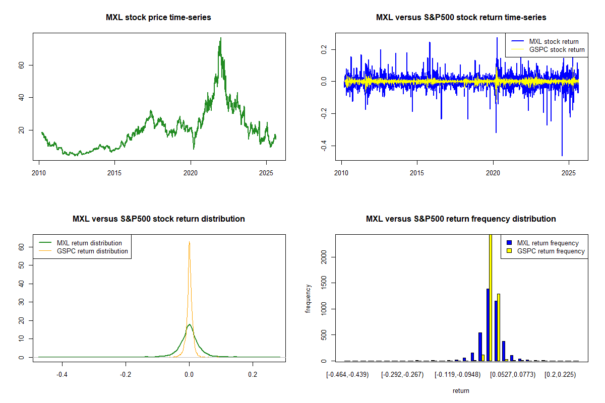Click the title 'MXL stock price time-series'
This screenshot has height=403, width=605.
[x=158, y=18]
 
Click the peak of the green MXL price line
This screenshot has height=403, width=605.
[x=220, y=38]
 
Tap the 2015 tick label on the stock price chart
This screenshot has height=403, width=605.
[x=115, y=170]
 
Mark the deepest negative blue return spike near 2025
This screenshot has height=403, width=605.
[x=562, y=155]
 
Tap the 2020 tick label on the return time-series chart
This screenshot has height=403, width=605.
[x=493, y=170]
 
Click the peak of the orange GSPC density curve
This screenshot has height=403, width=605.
[x=189, y=242]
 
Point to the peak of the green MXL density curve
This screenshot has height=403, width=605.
[x=189, y=325]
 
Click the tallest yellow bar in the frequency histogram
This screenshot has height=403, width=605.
[x=491, y=297]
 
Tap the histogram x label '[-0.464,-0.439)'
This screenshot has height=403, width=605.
[x=347, y=375]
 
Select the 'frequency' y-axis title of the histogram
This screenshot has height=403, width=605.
[x=308, y=299]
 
